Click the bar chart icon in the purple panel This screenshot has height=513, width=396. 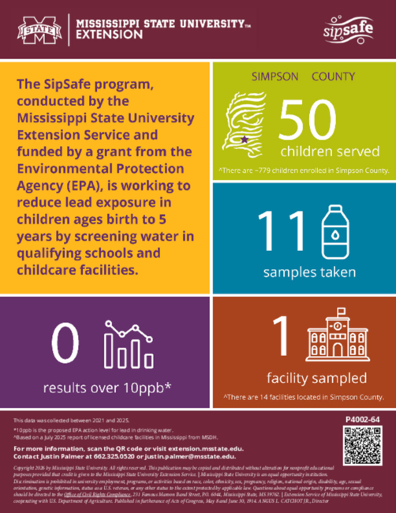[x=129, y=344]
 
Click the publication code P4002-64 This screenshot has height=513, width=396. [x=363, y=418]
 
